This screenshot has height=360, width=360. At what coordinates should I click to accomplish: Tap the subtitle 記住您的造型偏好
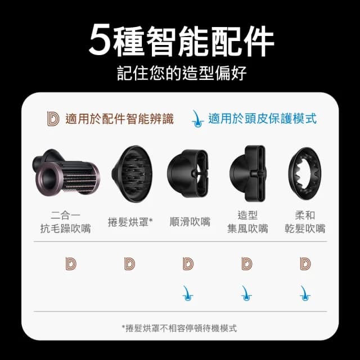point(180,74)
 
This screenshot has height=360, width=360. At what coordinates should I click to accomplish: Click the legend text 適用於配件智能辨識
point(119,119)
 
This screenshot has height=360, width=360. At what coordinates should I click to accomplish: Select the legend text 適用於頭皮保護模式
point(262,119)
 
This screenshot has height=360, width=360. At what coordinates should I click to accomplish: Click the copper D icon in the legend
point(53,119)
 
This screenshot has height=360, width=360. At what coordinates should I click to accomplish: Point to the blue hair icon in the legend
point(197,118)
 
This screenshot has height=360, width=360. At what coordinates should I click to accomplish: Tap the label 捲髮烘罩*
point(130,222)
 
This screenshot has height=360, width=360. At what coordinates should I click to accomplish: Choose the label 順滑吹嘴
point(190,222)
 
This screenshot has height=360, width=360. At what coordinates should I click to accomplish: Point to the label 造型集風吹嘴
point(247,222)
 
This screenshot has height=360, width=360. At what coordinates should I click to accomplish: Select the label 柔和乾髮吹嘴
point(305,222)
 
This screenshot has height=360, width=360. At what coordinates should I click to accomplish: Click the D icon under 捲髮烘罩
point(130,263)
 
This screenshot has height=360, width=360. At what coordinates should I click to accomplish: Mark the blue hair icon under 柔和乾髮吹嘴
point(305,292)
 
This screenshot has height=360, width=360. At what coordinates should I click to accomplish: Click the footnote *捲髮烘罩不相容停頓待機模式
point(180,328)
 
